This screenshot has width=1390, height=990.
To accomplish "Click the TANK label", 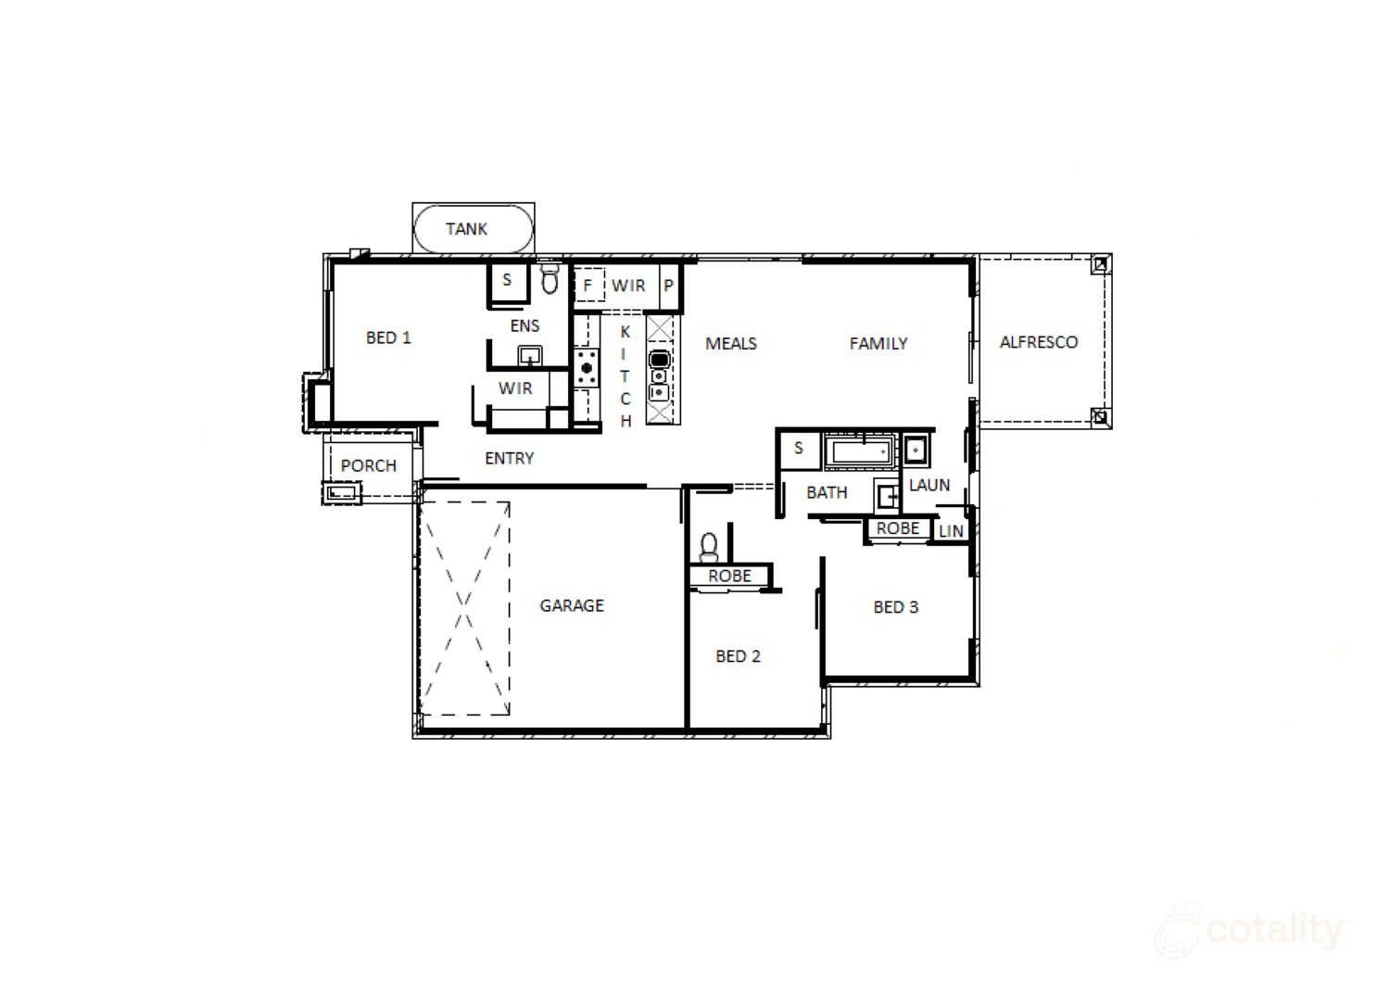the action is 467,229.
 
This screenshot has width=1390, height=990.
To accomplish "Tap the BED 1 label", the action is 388,337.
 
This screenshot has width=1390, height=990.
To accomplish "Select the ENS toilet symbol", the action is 550,279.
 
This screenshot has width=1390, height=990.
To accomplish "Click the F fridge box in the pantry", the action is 588,286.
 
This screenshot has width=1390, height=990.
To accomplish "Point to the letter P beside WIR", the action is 668,286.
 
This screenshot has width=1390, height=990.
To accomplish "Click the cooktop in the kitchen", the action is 587,368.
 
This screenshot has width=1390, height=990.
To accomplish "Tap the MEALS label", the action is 731,343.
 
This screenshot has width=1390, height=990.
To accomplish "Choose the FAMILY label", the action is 878,343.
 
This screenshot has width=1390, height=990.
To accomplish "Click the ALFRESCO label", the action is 1039,342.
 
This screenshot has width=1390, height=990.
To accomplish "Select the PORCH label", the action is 369,465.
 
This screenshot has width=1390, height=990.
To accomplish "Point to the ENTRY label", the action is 510,458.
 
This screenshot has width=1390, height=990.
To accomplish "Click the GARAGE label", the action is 572,605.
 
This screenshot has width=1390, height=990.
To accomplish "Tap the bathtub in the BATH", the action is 859,451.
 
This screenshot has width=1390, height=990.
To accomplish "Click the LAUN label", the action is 929,485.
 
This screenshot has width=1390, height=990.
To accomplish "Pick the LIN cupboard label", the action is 951,531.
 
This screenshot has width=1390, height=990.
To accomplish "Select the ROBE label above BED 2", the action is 730,576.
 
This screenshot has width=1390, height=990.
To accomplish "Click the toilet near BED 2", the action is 709,548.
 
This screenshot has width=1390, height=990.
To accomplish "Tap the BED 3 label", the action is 895,607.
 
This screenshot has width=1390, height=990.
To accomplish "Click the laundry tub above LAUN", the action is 916,450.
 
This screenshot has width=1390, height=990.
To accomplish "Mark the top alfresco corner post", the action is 1100,265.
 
